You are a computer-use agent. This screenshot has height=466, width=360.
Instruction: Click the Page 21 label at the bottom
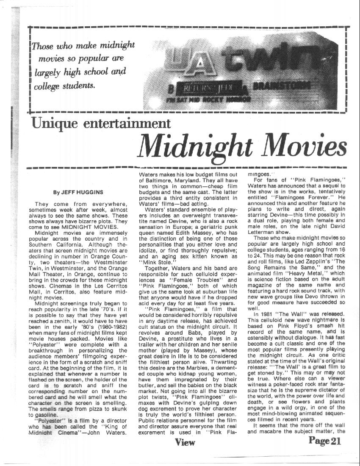pyautogui.click(x=324, y=441)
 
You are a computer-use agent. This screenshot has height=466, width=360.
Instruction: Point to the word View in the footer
pyautogui.click(x=185, y=442)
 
